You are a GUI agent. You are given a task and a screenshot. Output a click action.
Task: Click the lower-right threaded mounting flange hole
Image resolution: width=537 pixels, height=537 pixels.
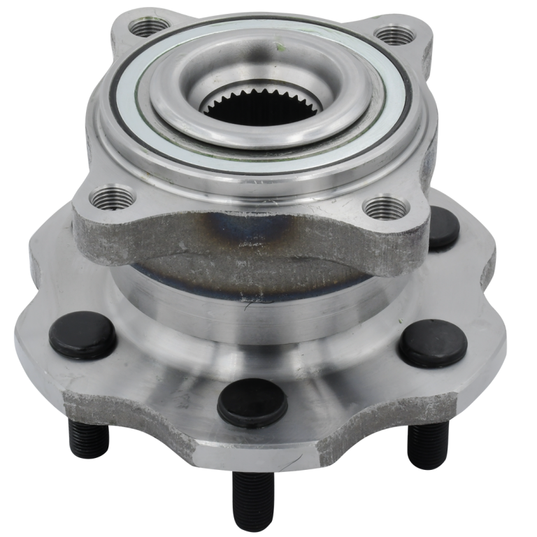(x=385, y=206)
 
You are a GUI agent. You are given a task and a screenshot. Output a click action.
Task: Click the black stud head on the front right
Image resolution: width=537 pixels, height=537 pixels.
(x=433, y=343)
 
